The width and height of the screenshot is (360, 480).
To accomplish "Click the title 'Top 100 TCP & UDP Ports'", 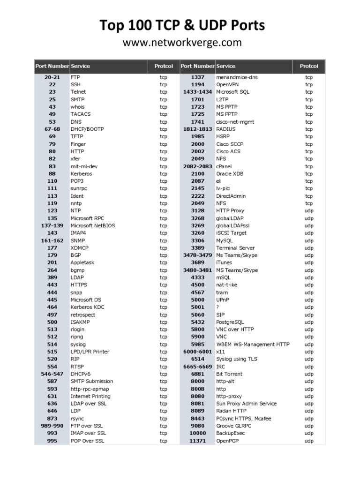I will pos(182,25).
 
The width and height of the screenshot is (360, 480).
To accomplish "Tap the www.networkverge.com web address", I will pos(182,43).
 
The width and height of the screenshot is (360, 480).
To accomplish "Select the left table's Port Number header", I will pos(52,66).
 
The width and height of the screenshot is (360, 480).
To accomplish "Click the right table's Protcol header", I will pos(309,66).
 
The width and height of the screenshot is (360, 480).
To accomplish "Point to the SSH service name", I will pos(75,84).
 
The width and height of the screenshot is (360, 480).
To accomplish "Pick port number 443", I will pos(52,285).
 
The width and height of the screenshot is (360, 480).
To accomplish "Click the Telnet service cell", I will pos(78,92).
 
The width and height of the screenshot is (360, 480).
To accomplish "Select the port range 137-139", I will pos(52,225).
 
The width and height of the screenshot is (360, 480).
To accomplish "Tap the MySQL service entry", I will pos(225,240).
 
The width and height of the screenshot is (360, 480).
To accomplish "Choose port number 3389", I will pos(197,248).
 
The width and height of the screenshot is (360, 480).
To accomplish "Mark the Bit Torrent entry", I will pos(229,374).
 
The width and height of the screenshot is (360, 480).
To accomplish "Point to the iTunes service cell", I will pos(224,262).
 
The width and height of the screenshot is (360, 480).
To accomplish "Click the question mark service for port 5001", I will pos(217,307).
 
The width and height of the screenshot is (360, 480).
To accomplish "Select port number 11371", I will pos(197,441).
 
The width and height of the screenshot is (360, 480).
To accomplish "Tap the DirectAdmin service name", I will pos(231,196).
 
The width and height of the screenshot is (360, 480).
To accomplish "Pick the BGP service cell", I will pos(76,255).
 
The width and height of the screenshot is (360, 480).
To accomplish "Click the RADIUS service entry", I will pos(226,129).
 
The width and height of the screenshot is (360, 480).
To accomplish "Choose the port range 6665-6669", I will pos(197,367).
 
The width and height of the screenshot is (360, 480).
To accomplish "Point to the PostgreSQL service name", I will pos(230,322).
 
